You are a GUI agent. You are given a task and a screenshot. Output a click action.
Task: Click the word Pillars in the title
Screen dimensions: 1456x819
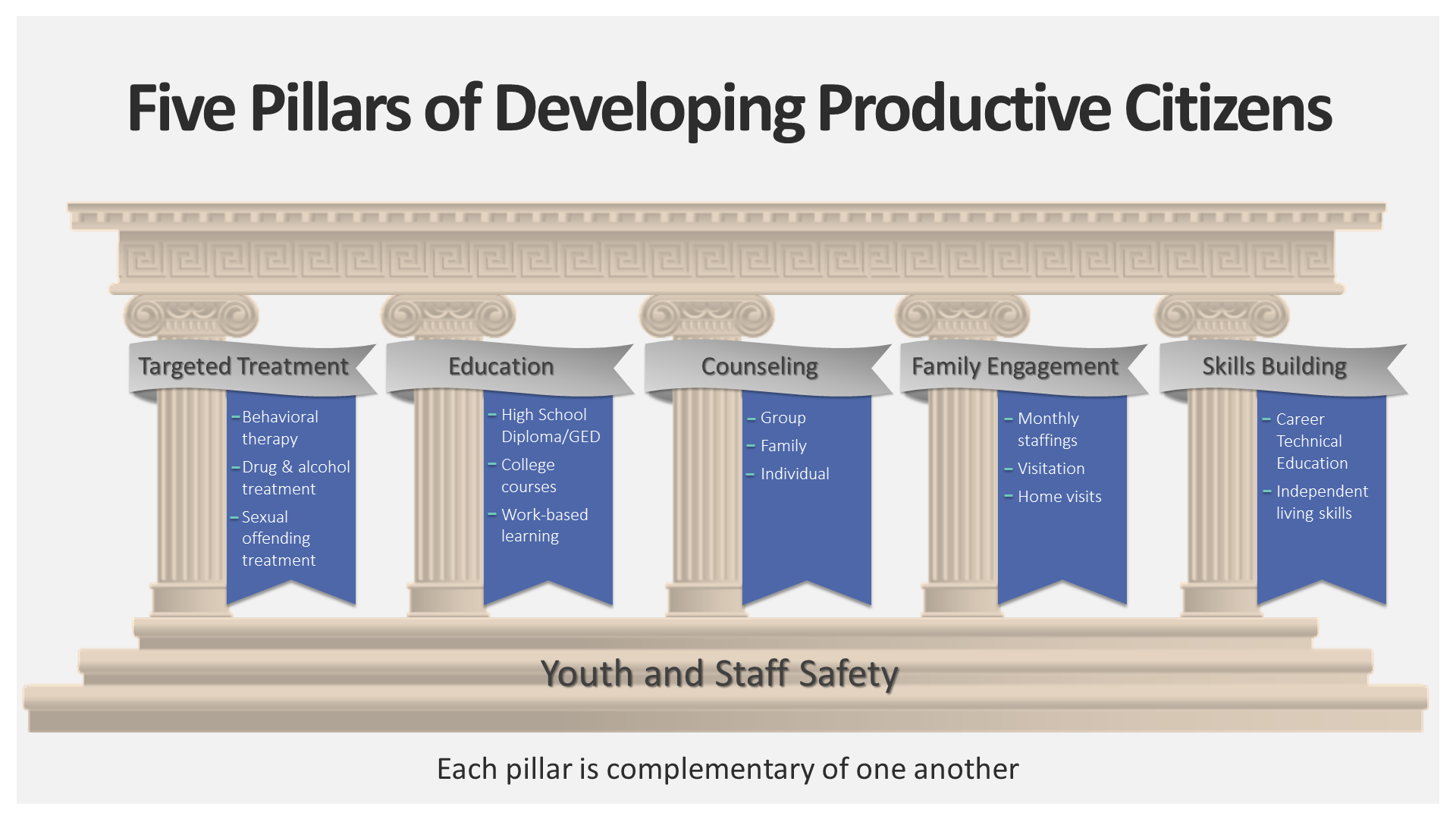pyautogui.click(x=331, y=108)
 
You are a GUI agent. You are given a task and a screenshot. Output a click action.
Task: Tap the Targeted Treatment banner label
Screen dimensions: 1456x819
pyautogui.click(x=243, y=366)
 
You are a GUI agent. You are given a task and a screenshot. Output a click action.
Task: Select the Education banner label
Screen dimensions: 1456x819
pyautogui.click(x=501, y=366)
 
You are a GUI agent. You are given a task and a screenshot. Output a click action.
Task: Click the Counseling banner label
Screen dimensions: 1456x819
pyautogui.click(x=759, y=367)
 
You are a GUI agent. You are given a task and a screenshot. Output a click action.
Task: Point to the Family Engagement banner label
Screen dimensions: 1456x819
pyautogui.click(x=1015, y=367)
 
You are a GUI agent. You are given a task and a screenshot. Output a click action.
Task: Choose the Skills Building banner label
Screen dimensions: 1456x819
pyautogui.click(x=1274, y=367)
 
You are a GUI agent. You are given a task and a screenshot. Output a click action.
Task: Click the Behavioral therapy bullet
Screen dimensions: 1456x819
pyautogui.click(x=280, y=428)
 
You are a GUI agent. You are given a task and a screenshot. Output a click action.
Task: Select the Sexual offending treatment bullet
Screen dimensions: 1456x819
pyautogui.click(x=278, y=538)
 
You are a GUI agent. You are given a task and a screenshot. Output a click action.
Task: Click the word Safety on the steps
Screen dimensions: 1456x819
pyautogui.click(x=848, y=673)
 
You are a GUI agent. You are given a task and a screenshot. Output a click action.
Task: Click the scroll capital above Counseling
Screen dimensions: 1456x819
pyautogui.click(x=707, y=315)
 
